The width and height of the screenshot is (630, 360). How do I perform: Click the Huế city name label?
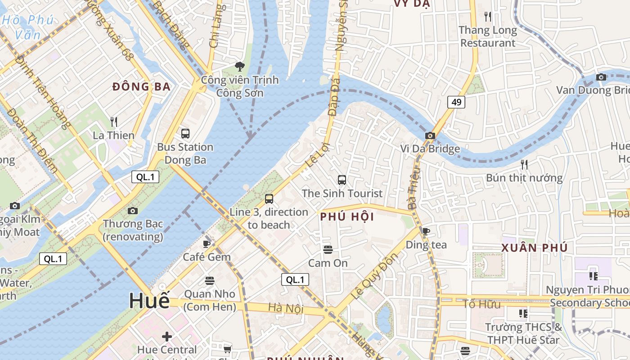click(149, 301)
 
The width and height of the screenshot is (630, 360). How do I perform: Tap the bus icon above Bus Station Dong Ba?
click(185, 134)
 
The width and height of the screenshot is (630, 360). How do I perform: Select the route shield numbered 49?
click(456, 102)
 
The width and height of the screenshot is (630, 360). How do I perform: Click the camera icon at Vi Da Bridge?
click(430, 135)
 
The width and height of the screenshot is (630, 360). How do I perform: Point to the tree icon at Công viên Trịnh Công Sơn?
click(240, 67)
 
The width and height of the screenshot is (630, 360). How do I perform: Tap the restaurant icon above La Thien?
click(114, 121)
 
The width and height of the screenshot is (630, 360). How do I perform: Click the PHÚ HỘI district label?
click(347, 217)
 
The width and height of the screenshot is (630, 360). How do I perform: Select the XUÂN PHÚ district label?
click(534, 248)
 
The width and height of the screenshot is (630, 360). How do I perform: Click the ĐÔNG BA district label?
click(141, 87)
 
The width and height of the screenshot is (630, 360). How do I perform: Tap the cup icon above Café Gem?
click(207, 244)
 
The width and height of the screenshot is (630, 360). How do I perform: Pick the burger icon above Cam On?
click(328, 249)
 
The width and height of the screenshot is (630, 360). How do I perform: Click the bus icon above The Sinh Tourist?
click(342, 180)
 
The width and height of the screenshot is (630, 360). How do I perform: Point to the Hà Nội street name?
click(286, 309)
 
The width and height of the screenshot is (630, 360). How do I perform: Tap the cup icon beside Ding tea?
click(426, 231)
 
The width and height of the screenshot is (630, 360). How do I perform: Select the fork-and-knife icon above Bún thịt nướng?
click(524, 164)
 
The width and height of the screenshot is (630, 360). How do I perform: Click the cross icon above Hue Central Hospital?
click(167, 336)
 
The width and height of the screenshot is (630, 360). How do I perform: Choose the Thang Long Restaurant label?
click(488, 37)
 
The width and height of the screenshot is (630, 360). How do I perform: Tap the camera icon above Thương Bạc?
click(132, 211)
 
